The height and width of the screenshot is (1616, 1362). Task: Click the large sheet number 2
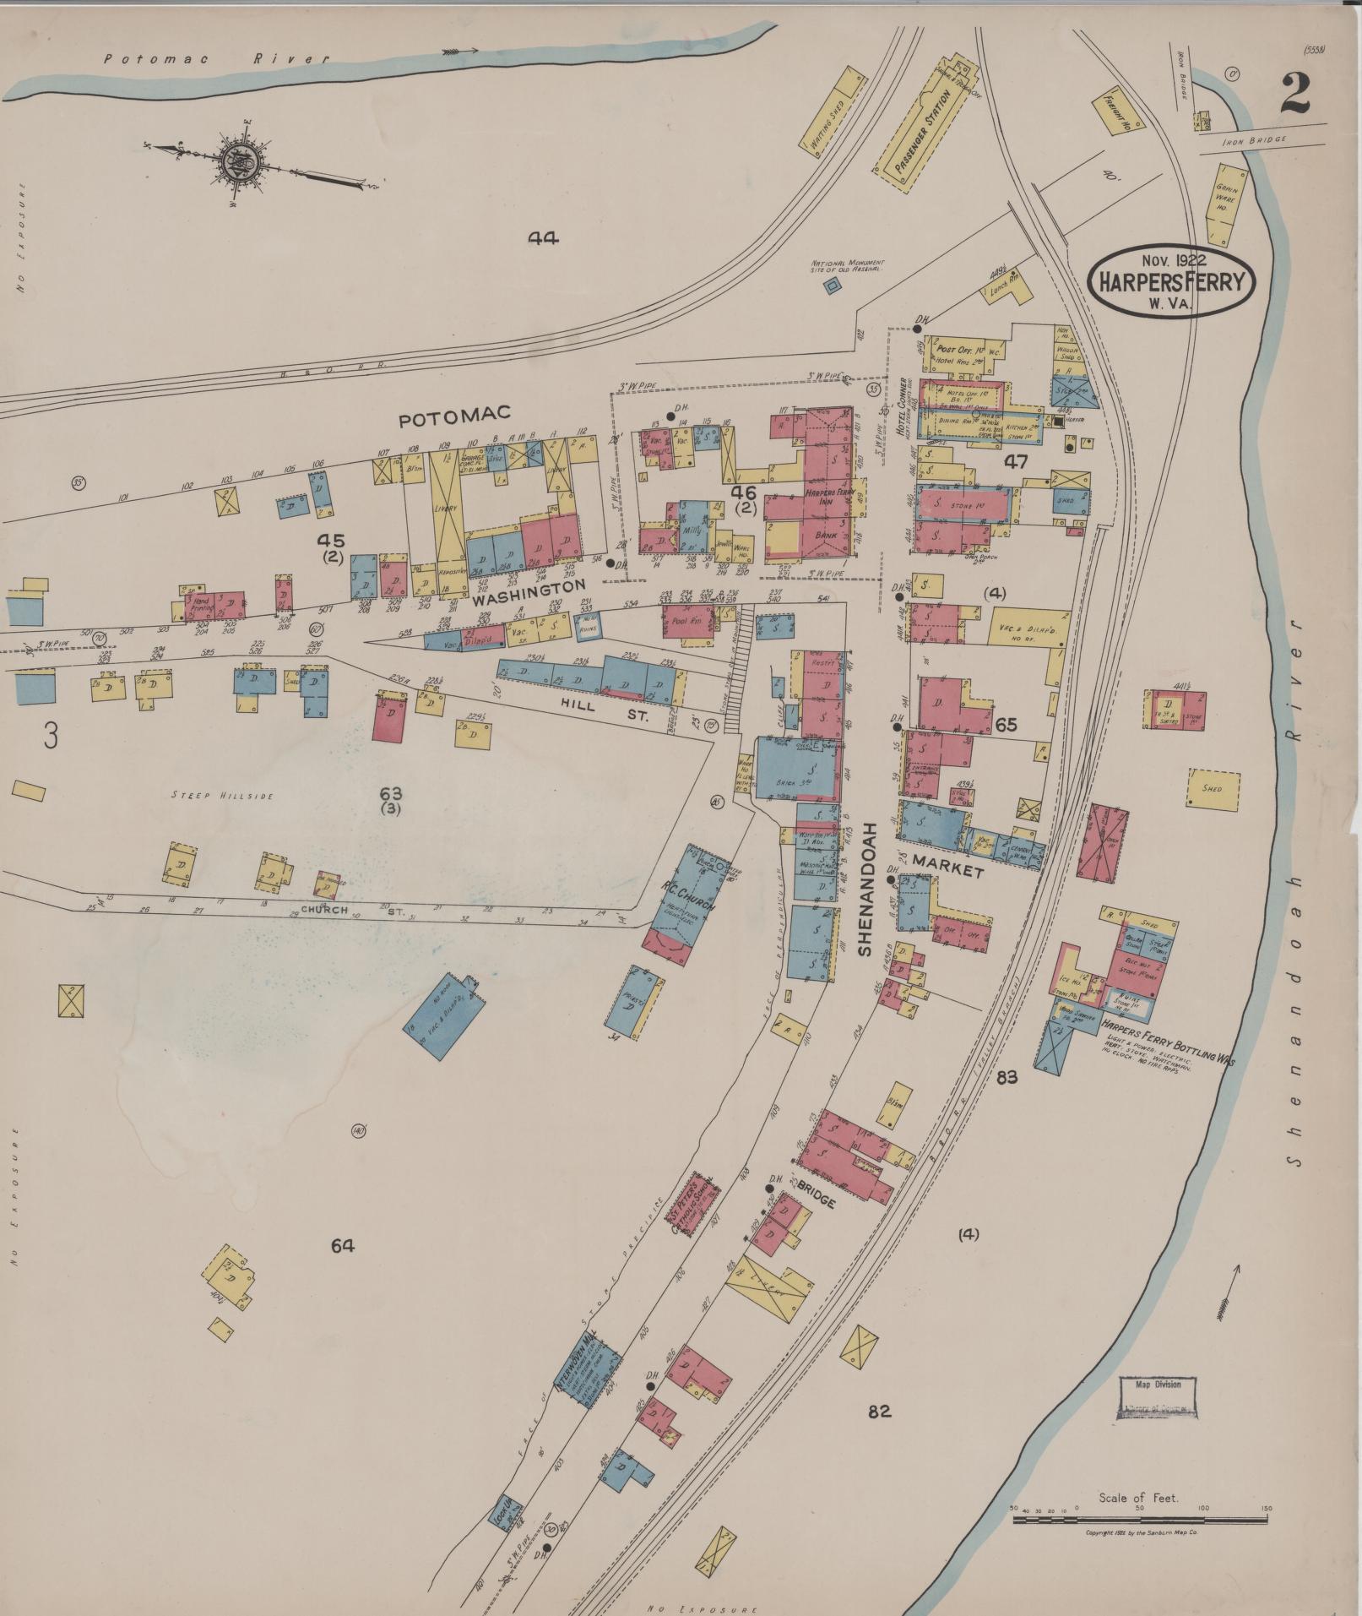tap(1294, 94)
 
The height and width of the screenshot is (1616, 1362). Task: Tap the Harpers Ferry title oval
tap(1170, 281)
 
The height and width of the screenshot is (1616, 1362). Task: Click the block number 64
tap(342, 1245)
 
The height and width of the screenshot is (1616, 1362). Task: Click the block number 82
tap(879, 1411)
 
